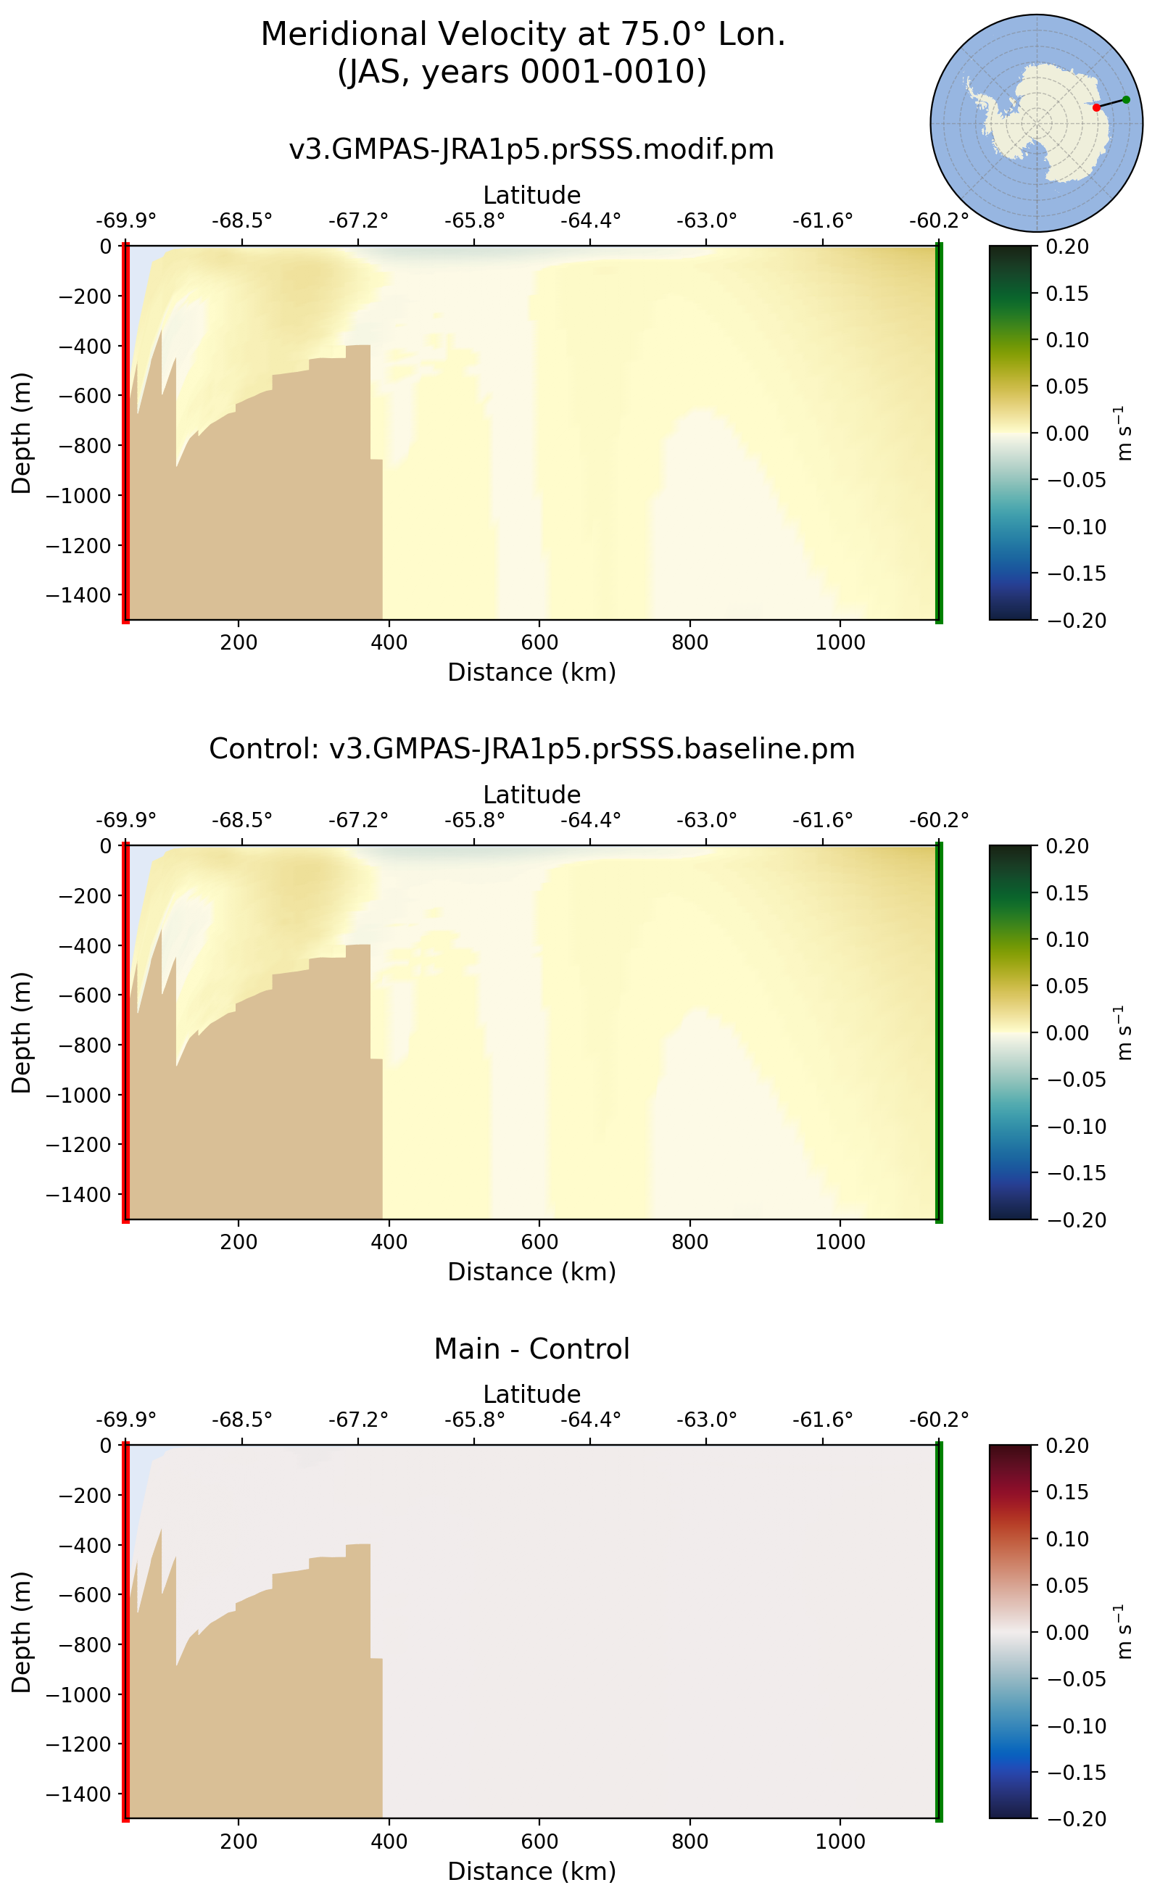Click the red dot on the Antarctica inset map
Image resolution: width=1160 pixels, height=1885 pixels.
coord(1096,107)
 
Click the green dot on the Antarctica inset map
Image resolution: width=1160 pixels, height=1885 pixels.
coord(1125,100)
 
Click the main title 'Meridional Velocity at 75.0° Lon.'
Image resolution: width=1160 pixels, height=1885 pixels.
coord(523,35)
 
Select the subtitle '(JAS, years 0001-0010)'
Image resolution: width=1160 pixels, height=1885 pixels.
coord(523,71)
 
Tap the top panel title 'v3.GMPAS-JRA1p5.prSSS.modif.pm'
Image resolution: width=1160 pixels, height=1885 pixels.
coord(531,149)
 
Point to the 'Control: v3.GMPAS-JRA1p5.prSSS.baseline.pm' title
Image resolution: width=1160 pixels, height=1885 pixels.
coord(531,749)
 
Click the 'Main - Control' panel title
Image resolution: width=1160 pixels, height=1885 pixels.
coord(531,1348)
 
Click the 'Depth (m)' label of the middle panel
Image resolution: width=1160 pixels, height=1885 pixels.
coord(22,1032)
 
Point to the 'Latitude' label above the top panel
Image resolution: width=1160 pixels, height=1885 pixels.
coord(531,195)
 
